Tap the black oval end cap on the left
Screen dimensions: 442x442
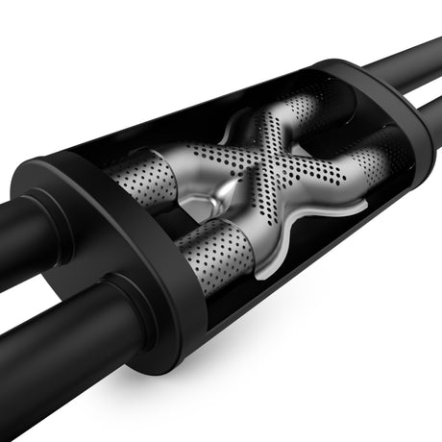tap(91, 250)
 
